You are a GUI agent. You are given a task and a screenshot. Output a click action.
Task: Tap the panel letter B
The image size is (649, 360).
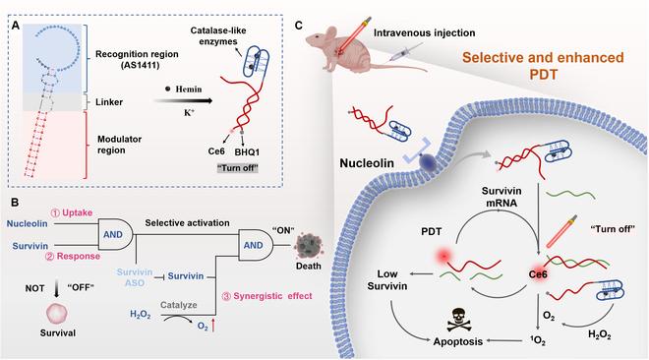13,204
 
